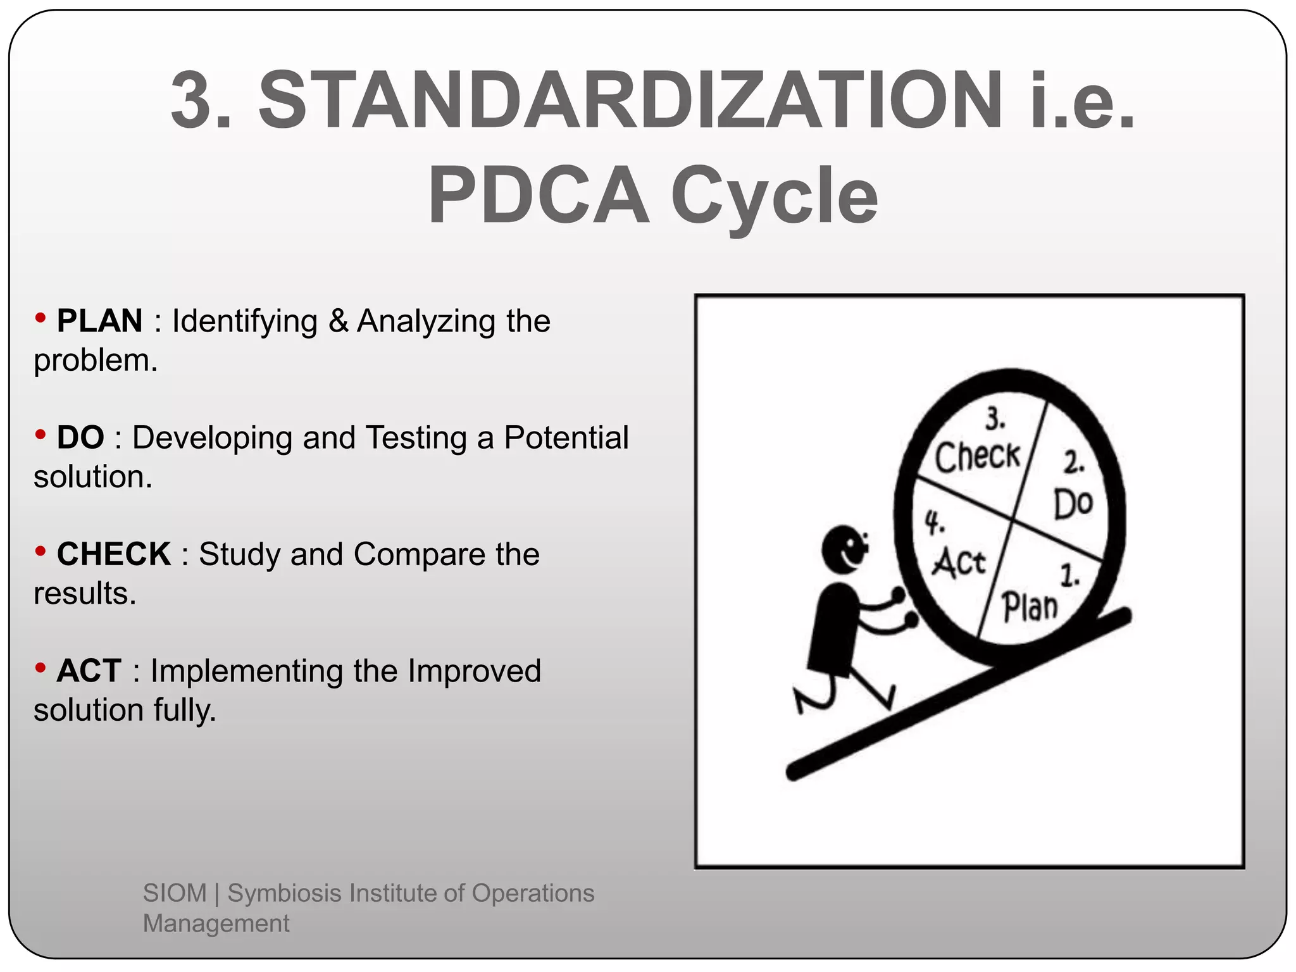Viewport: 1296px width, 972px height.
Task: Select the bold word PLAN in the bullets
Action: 99,321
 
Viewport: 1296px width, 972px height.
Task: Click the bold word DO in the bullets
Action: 80,437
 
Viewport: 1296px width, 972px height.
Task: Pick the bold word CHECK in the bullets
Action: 114,554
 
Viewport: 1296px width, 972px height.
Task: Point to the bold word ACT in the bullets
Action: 89,671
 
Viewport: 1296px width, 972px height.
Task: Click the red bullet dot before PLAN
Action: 40,318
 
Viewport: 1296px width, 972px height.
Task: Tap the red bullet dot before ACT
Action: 40,668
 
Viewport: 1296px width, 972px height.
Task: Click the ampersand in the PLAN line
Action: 339,321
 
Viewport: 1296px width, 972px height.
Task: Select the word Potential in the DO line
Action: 566,437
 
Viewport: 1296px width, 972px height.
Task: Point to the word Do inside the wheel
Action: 1073,504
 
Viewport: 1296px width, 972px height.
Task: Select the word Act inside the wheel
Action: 959,563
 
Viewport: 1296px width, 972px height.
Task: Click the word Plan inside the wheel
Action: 1030,607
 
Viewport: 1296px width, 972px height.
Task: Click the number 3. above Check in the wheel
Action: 995,420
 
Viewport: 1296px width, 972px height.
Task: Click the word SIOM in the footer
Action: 175,893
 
